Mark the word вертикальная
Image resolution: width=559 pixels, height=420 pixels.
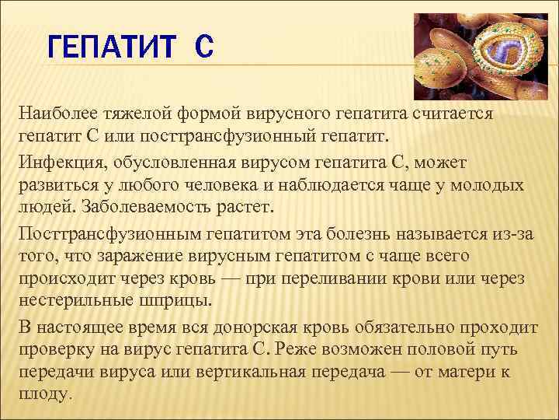[250, 372]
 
